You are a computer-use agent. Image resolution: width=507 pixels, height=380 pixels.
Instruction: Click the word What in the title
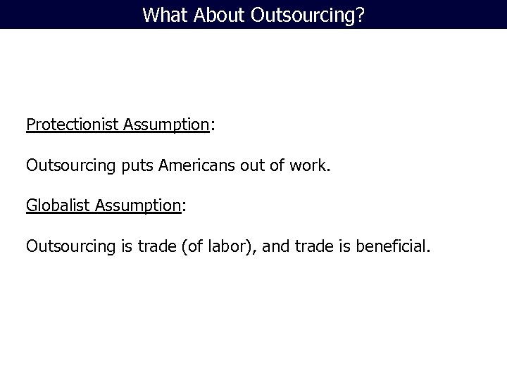(x=161, y=14)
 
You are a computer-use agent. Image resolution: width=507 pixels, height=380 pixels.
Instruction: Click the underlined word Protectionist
(x=73, y=125)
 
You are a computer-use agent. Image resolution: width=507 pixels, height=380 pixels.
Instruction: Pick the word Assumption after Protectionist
(x=166, y=125)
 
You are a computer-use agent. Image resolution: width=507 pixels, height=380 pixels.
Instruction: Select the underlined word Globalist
(x=58, y=205)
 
